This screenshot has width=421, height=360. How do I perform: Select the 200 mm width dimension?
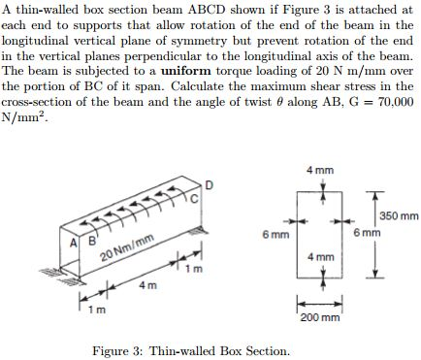(319, 317)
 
